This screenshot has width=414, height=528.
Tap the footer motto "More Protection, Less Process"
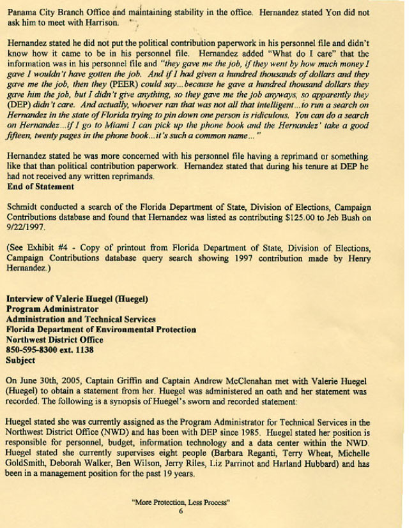[181, 501]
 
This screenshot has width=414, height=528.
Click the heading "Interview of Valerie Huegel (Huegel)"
[77, 298]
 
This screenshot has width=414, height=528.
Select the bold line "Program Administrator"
[52, 309]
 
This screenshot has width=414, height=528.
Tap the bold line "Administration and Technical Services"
[81, 319]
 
